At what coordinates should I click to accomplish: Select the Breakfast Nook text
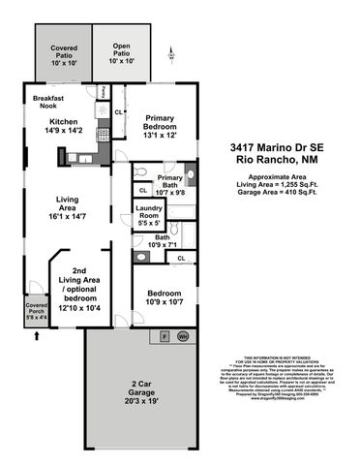pyautogui.click(x=48, y=103)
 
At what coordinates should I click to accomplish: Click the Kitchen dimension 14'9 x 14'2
pyautogui.click(x=65, y=130)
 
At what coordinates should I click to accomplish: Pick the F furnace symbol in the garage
pyautogui.click(x=165, y=335)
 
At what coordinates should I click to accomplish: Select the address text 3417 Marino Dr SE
pyautogui.click(x=282, y=145)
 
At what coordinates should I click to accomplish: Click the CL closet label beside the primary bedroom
pyautogui.click(x=118, y=113)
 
